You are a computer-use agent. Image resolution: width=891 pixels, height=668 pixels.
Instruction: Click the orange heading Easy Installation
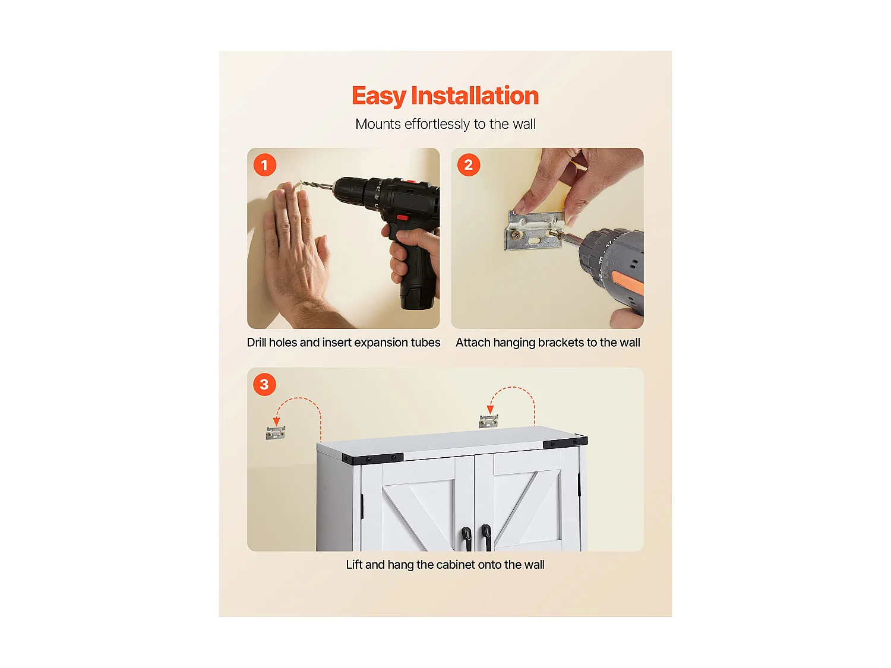[445, 96]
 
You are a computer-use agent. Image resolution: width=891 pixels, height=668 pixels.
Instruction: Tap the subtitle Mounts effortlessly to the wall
[445, 124]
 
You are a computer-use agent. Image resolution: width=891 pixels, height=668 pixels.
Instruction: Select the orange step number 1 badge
[265, 165]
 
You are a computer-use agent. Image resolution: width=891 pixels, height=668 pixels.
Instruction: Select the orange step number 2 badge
[468, 165]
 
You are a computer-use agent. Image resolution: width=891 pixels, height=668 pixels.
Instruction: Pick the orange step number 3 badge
[264, 385]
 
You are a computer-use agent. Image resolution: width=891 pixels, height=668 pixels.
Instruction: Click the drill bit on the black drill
[315, 186]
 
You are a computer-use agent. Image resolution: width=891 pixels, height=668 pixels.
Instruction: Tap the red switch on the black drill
[402, 217]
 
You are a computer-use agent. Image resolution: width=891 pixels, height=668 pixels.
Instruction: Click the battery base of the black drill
[419, 296]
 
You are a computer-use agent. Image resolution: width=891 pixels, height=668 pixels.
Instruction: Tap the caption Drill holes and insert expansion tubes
[343, 343]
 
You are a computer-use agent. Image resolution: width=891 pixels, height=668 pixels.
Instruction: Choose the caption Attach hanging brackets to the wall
[548, 343]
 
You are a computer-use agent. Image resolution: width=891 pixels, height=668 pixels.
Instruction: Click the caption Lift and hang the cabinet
[445, 565]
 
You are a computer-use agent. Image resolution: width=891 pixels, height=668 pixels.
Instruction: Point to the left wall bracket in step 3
[276, 433]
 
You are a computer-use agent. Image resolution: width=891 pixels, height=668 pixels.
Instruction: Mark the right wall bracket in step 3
[488, 421]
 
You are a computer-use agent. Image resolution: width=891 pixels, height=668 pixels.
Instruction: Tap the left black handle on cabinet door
[467, 538]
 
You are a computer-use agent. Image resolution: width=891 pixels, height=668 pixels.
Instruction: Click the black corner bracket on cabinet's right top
[565, 442]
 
